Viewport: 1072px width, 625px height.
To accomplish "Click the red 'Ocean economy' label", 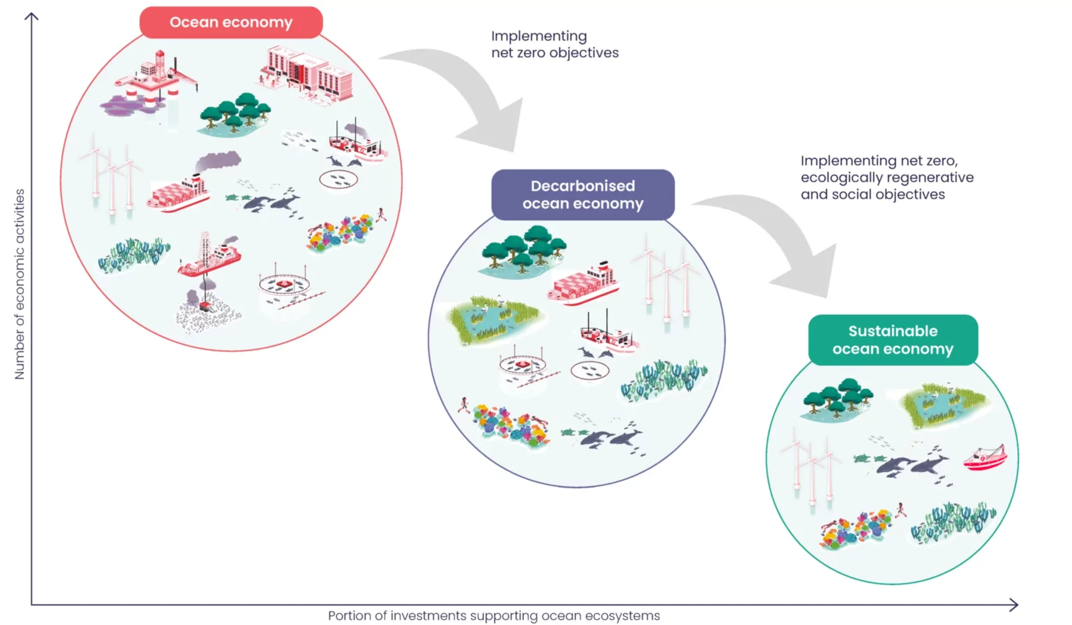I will tap(231, 22).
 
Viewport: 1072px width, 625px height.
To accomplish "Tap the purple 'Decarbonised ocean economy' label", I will tap(583, 195).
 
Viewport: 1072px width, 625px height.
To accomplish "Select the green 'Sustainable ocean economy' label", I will tap(892, 340).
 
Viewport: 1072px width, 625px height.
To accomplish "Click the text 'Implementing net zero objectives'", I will tap(554, 44).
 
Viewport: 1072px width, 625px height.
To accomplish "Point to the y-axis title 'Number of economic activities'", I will tap(20, 284).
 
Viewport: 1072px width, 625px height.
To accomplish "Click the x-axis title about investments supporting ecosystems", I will tap(493, 616).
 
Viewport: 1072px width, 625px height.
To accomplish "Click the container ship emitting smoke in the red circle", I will tap(179, 193).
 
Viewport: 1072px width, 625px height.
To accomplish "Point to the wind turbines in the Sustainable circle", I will tap(810, 468).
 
